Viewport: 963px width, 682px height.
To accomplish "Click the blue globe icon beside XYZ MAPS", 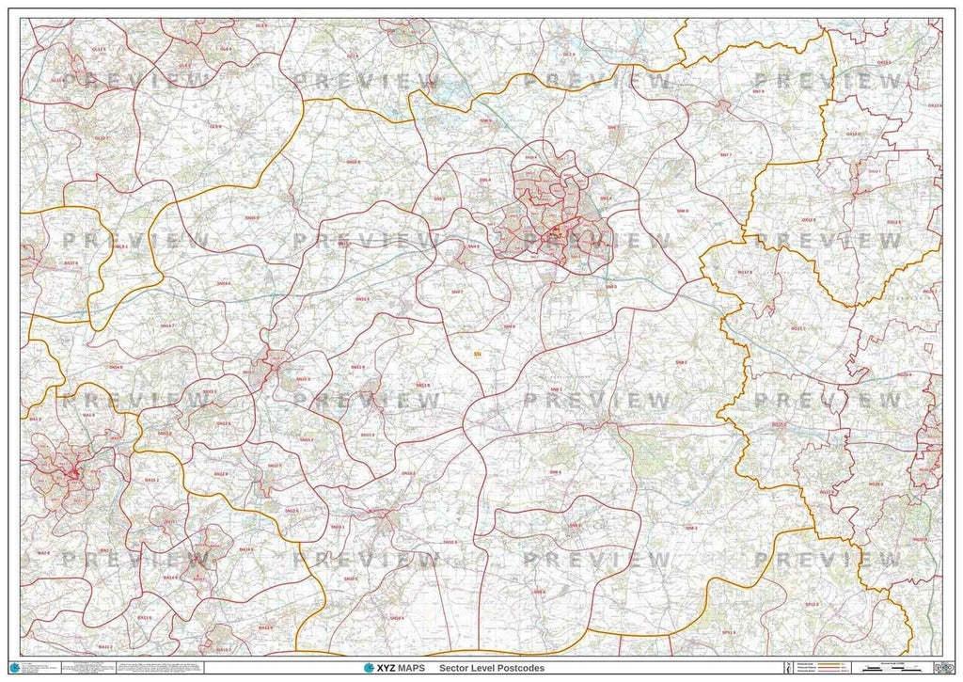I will pos(369,669).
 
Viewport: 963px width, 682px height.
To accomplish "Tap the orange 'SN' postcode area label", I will pos(478,355).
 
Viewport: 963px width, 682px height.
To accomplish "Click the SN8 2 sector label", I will pos(680,362).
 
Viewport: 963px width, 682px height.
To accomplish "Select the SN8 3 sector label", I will pos(691,530).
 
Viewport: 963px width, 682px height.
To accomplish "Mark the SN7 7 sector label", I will pos(725,153).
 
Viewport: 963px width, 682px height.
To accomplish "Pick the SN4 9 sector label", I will pos(509,326).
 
